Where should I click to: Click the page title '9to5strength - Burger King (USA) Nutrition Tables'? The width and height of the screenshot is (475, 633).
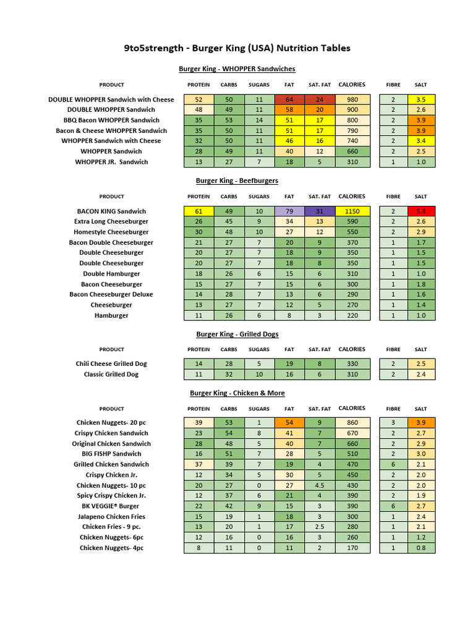(237, 48)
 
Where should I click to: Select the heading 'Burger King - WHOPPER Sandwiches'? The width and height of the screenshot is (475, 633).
(237, 69)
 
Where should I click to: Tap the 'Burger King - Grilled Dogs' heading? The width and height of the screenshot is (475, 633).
(237, 334)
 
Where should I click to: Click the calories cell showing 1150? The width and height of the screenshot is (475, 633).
(352, 211)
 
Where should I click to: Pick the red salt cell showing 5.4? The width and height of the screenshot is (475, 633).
(421, 211)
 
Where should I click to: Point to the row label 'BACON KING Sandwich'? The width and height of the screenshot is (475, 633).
(111, 211)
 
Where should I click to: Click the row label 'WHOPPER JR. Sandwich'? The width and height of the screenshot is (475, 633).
(111, 162)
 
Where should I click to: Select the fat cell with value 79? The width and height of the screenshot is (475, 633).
(289, 211)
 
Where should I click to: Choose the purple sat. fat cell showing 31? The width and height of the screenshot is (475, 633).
(320, 211)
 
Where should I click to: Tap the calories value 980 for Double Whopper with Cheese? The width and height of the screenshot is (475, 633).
(352, 100)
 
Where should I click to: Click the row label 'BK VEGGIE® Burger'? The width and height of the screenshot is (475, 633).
(111, 506)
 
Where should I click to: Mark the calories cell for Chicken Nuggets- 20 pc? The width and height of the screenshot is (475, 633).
(352, 423)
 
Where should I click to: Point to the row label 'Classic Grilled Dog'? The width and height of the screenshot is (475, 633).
(111, 374)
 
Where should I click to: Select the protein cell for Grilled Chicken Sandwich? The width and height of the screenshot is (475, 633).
(199, 464)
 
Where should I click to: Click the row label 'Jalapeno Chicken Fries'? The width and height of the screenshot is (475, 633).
(111, 516)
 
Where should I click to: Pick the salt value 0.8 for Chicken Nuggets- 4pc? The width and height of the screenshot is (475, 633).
(421, 548)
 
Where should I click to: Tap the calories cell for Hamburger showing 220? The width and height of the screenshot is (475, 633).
(352, 315)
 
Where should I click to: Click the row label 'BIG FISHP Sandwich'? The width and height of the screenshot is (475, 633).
(111, 454)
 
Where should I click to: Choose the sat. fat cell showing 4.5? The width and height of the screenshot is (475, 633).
(320, 485)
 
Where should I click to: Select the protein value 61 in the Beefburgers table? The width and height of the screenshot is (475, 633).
(199, 211)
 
